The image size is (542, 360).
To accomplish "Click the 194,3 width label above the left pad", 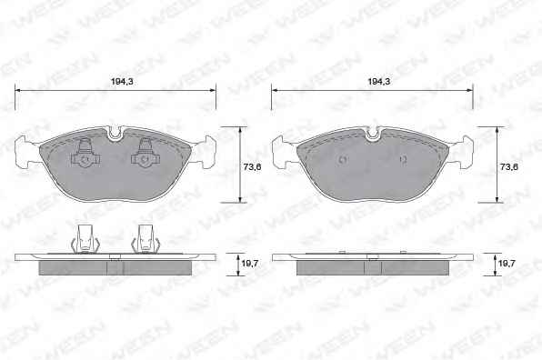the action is point(122,82).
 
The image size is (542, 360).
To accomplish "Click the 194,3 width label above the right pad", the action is point(379,82).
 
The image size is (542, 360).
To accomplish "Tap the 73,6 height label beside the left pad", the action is point(252,167).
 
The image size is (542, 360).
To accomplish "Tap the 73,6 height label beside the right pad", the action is point(509,167).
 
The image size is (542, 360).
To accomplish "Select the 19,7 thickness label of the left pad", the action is point(250,264).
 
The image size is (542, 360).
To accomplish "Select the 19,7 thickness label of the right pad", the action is point(507,264).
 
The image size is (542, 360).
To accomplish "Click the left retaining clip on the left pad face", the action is point(85,153).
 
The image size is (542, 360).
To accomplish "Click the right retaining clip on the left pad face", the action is point(146,153).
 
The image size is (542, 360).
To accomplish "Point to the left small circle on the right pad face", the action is point(343,160).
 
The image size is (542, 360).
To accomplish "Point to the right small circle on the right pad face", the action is point(403,160).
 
